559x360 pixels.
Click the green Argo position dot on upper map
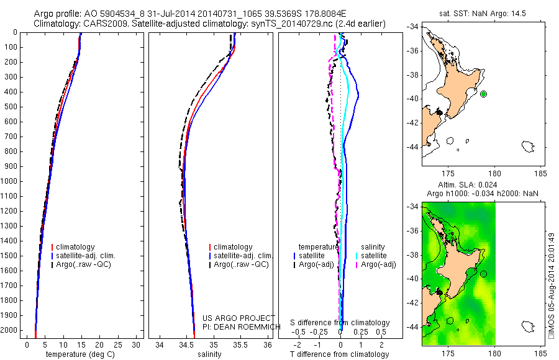coord(484,94)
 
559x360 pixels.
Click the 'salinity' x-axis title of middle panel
coord(208,354)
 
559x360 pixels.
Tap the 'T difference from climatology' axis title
coord(339,354)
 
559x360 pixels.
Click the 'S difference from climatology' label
coord(340,323)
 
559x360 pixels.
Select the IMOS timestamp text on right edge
coord(552,286)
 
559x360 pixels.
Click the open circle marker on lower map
coord(484,274)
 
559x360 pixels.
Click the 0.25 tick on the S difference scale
coord(361,331)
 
